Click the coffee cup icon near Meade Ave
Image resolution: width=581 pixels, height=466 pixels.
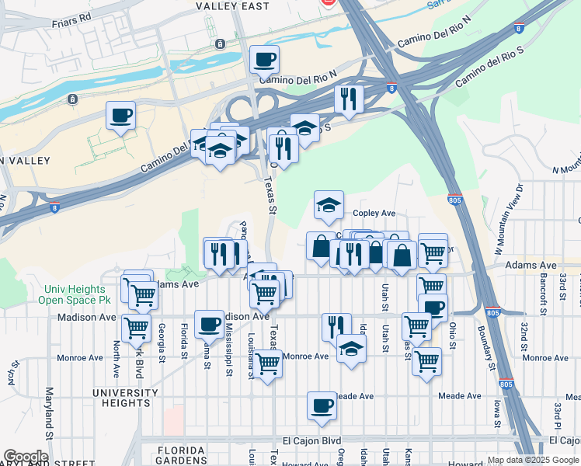pos(322,405)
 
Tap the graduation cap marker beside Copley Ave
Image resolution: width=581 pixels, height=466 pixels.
pos(329,206)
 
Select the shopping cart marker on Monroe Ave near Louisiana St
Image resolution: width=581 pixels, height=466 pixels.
pos(267,363)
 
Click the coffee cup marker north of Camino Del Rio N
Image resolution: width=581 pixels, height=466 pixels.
pos(264,59)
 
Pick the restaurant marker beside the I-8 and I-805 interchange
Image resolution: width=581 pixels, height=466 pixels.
pos(349,99)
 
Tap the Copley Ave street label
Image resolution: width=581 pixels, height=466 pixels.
pos(374,213)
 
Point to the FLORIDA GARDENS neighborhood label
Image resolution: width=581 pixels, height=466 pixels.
pos(182,450)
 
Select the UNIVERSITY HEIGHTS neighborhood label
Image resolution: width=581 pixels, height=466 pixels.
pos(120,398)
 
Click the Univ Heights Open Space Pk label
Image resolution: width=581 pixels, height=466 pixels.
pos(78,294)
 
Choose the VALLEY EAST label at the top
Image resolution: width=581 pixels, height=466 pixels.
pos(232,6)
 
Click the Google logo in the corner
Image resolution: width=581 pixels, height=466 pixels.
pos(26,457)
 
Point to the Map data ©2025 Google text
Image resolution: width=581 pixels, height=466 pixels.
pos(532,460)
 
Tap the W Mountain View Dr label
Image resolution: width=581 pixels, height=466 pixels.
pos(508,224)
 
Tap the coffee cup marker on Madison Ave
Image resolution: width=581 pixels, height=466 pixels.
pos(208,325)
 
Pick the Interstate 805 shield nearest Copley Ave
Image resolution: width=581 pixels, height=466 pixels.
pos(454,199)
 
